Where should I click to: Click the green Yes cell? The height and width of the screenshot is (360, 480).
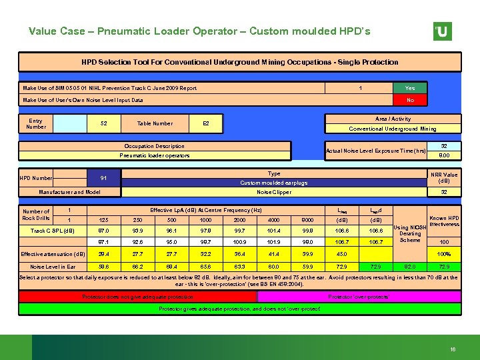click(x=410, y=88)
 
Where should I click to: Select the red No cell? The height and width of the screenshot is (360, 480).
click(x=410, y=100)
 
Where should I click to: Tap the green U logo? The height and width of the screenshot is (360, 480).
click(x=442, y=31)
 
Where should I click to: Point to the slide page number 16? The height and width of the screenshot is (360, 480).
click(x=452, y=349)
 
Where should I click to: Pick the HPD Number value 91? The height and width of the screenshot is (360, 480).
click(x=103, y=178)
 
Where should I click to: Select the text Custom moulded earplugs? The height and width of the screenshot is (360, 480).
click(x=273, y=182)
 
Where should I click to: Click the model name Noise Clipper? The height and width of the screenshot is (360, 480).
click(x=273, y=192)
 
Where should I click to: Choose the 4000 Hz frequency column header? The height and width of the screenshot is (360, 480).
click(x=274, y=221)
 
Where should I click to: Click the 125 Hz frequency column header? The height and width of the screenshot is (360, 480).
click(x=103, y=221)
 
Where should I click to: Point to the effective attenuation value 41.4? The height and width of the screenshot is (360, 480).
click(x=274, y=254)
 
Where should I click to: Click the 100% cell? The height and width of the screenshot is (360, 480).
click(x=443, y=254)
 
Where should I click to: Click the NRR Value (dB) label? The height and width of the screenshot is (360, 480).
click(x=444, y=177)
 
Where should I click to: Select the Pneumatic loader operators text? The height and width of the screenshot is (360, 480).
click(x=155, y=155)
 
